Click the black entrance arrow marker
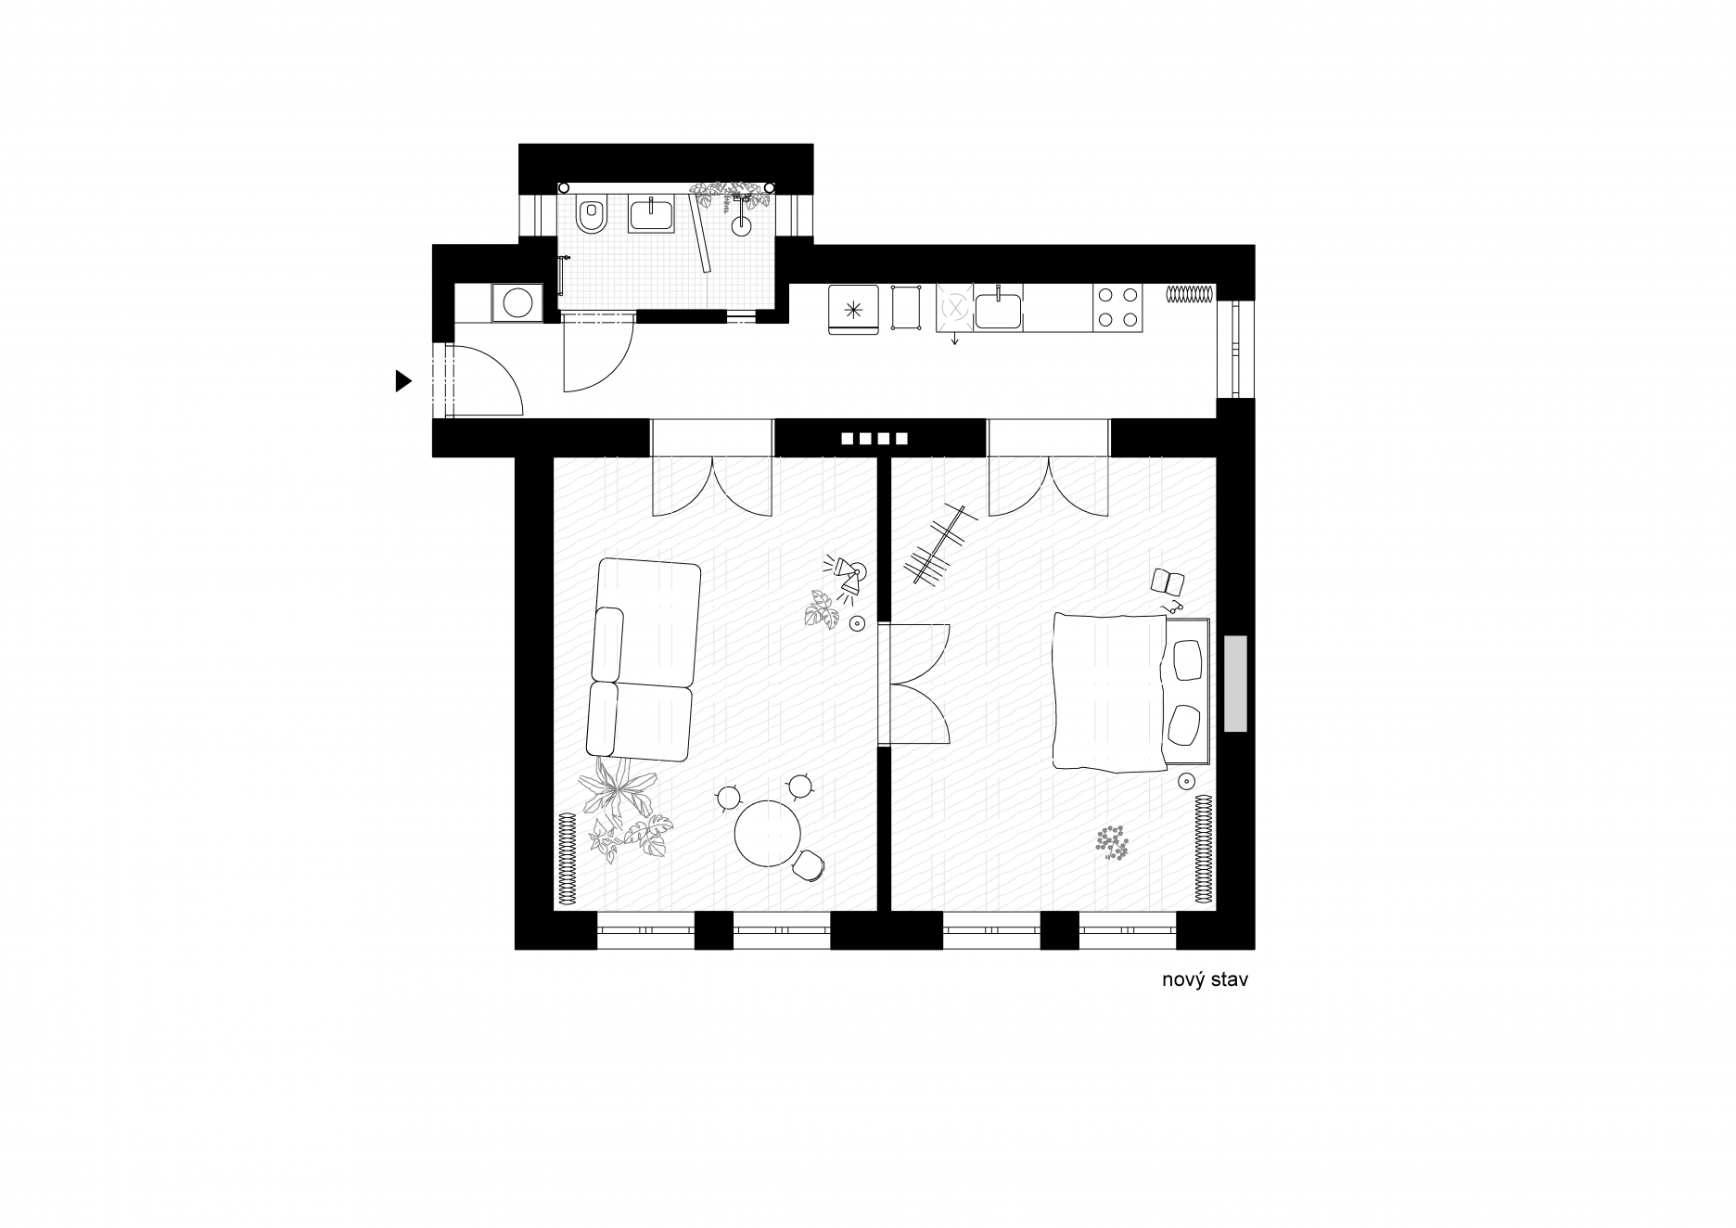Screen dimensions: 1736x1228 point(402,380)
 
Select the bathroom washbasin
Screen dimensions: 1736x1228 point(652,214)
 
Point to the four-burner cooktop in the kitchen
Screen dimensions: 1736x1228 point(1117,308)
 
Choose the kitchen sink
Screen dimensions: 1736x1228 point(998,310)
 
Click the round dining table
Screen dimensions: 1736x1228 point(768,834)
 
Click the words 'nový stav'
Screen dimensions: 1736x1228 point(1205,979)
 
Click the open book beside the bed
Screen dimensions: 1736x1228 point(1168,582)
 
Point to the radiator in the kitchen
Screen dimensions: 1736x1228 point(1190,294)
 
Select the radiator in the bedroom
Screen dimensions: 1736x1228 point(1204,848)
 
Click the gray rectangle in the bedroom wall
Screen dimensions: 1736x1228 point(1235,683)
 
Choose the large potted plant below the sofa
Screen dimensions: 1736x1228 point(623,808)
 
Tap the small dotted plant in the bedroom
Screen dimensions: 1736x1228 point(1111,842)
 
